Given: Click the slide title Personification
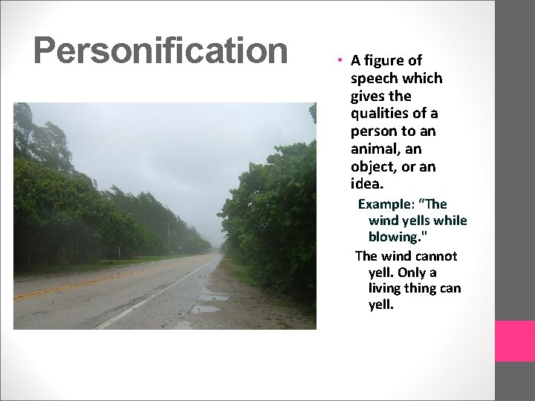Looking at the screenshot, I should (160, 51).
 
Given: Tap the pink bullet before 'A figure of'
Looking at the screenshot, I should (337, 61).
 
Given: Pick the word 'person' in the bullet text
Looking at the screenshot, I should (374, 131).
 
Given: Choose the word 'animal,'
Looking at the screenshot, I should (375, 149).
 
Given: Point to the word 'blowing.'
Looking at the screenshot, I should (395, 237).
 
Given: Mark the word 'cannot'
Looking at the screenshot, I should (436, 256).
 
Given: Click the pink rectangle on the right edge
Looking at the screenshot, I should (515, 341).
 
